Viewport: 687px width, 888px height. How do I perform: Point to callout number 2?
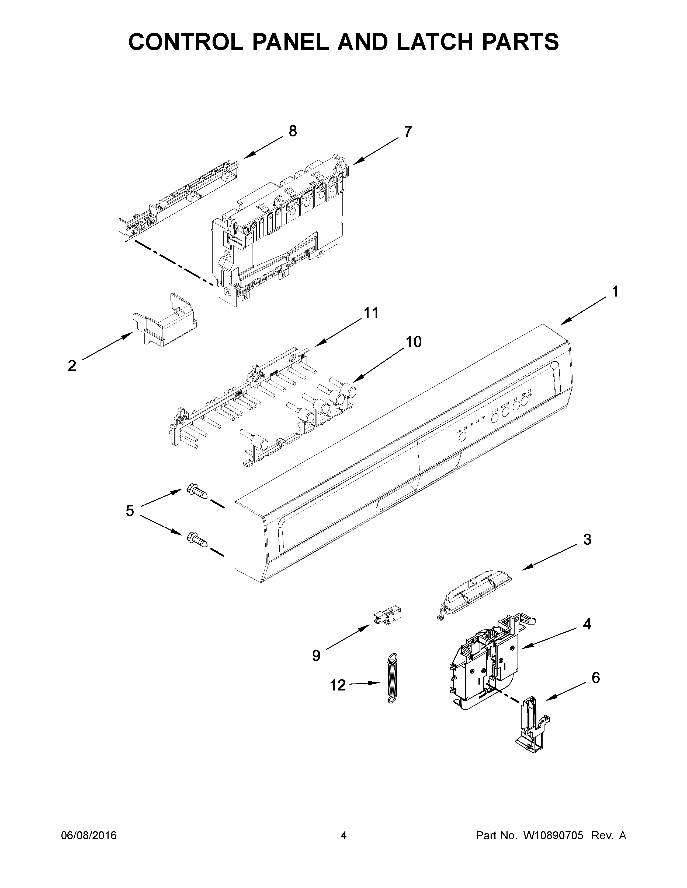point(72,366)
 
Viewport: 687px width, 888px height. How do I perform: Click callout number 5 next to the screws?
point(130,511)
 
